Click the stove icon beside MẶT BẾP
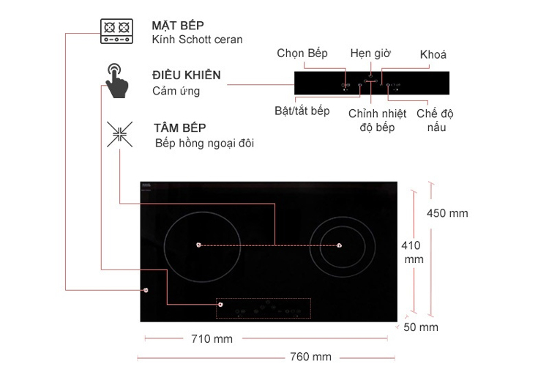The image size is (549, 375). pyautogui.click(x=116, y=31)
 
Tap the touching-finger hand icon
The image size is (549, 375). pyautogui.click(x=117, y=81)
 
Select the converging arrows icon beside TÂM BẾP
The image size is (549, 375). pyautogui.click(x=120, y=134)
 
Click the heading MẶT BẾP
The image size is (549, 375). pyautogui.click(x=178, y=26)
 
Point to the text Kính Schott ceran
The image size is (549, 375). pyautogui.click(x=197, y=40)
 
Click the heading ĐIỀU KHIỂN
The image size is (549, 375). pyautogui.click(x=187, y=75)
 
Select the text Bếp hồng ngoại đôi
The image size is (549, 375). pyautogui.click(x=204, y=144)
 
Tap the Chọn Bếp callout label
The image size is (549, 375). pyautogui.click(x=302, y=53)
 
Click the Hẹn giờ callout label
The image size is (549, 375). pyautogui.click(x=370, y=53)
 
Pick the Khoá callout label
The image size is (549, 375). pyautogui.click(x=433, y=55)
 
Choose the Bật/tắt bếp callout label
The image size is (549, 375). pyautogui.click(x=302, y=111)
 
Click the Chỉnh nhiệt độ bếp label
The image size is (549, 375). pyautogui.click(x=378, y=120)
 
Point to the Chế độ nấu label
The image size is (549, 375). pyautogui.click(x=436, y=120)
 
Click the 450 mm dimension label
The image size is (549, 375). pyautogui.click(x=447, y=213)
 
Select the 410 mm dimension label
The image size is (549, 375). pyautogui.click(x=412, y=252)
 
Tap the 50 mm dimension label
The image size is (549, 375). pyautogui.click(x=421, y=327)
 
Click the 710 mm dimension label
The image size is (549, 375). pyautogui.click(x=212, y=339)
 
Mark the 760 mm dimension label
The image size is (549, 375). pyautogui.click(x=311, y=357)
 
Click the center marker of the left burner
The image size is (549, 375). pyautogui.click(x=199, y=245)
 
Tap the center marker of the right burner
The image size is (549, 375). pyautogui.click(x=339, y=245)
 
